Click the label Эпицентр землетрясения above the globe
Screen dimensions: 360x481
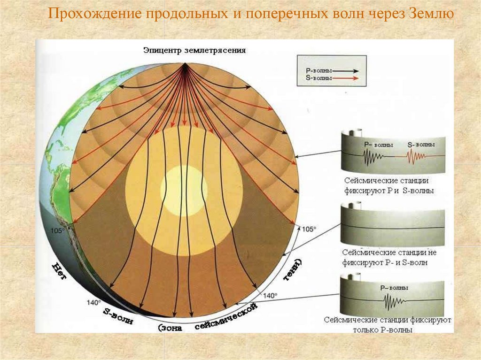(194, 50)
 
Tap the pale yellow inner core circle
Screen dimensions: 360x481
(184, 189)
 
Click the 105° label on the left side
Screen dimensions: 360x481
(57, 231)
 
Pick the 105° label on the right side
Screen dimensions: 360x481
(309, 229)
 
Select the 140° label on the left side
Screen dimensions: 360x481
(93, 302)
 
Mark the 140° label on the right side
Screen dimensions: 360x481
(271, 296)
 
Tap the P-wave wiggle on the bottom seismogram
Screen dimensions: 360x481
(394, 300)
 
